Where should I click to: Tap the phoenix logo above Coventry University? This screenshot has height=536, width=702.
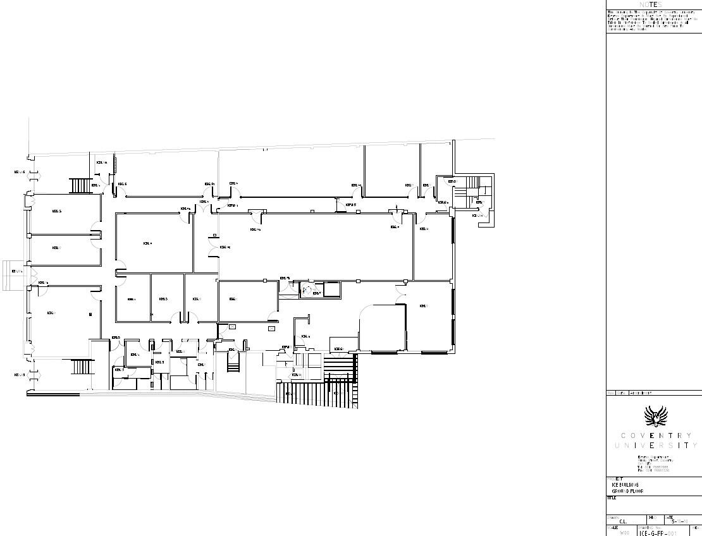655,417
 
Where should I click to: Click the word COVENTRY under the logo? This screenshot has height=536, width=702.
655,435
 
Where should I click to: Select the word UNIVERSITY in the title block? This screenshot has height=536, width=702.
655,446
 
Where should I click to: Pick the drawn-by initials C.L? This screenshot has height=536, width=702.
623,521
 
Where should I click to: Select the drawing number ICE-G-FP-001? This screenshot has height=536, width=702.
658,533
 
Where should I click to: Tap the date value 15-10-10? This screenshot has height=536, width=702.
679,521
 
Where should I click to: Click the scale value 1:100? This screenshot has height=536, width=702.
625,533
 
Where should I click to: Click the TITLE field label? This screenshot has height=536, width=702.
611,498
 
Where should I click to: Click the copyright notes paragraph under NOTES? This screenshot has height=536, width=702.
645,20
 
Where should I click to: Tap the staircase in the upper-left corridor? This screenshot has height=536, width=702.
81,186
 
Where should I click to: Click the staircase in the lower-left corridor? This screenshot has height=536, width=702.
82,367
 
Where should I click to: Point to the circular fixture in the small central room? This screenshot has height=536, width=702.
305,290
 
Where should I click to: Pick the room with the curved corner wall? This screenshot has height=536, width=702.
383,327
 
